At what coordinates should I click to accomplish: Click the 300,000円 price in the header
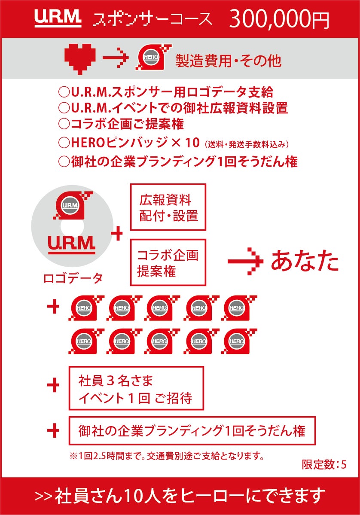[279, 19]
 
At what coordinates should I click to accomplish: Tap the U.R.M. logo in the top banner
[58, 18]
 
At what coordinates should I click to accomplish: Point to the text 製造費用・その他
[228, 61]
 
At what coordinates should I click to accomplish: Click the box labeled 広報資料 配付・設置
[168, 207]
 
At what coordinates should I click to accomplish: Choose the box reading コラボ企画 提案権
[168, 262]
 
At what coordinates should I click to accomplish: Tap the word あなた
[305, 261]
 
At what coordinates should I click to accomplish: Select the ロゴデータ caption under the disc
[73, 278]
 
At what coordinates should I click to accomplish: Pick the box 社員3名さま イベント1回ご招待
[136, 388]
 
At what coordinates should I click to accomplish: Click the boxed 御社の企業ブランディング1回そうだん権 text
[192, 431]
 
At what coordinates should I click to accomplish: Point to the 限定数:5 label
[324, 464]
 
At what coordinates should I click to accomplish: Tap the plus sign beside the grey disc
[117, 234]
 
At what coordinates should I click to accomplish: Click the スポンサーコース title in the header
[153, 19]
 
